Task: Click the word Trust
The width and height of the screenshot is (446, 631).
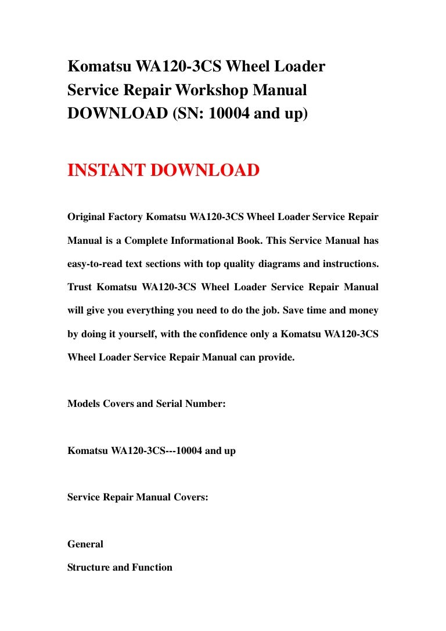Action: [80, 287]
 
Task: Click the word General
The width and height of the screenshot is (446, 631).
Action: [85, 544]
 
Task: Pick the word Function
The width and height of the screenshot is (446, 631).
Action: [153, 567]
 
